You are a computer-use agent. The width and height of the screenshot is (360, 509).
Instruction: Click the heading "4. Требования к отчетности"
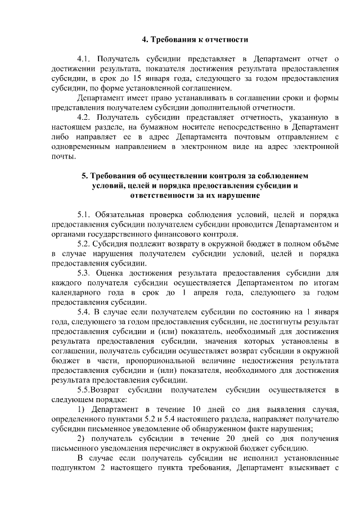pyautogui.click(x=195, y=39)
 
